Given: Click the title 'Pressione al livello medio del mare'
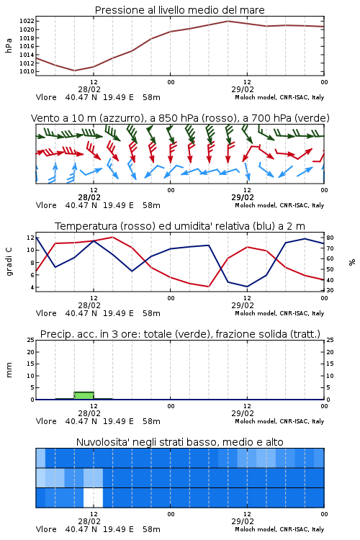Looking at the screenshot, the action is pyautogui.click(x=179, y=10).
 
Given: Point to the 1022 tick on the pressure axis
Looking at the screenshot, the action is pyautogui.click(x=27, y=22).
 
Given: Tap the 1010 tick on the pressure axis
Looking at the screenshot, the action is pyautogui.click(x=27, y=71).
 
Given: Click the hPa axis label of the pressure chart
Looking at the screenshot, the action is pyautogui.click(x=9, y=45).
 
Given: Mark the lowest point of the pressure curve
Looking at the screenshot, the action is pyautogui.click(x=74, y=71).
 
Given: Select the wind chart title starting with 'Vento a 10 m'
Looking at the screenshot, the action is pyautogui.click(x=180, y=118).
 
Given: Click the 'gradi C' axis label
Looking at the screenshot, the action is pyautogui.click(x=9, y=262).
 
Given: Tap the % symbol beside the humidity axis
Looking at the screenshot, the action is pyautogui.click(x=352, y=262).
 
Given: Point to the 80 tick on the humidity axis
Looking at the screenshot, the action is pyautogui.click(x=330, y=238).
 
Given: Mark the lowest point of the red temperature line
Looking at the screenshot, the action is pyautogui.click(x=208, y=287).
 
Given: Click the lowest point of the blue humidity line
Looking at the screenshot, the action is pyautogui.click(x=247, y=287).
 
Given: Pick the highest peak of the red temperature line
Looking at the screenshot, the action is pyautogui.click(x=112, y=237).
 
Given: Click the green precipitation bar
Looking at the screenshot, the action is pyautogui.click(x=84, y=395).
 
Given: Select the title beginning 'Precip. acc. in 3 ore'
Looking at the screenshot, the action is pyautogui.click(x=180, y=334).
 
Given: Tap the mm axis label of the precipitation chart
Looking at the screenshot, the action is pyautogui.click(x=9, y=370).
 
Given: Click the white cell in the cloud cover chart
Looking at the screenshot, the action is pyautogui.click(x=93, y=498).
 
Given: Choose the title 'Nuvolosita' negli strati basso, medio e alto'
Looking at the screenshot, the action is pyautogui.click(x=179, y=442).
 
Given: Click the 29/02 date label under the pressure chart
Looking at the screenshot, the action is pyautogui.click(x=243, y=89).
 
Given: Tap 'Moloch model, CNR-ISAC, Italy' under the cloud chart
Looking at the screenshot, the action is pyautogui.click(x=279, y=529).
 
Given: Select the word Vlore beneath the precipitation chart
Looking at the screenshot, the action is pyautogui.click(x=46, y=421).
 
